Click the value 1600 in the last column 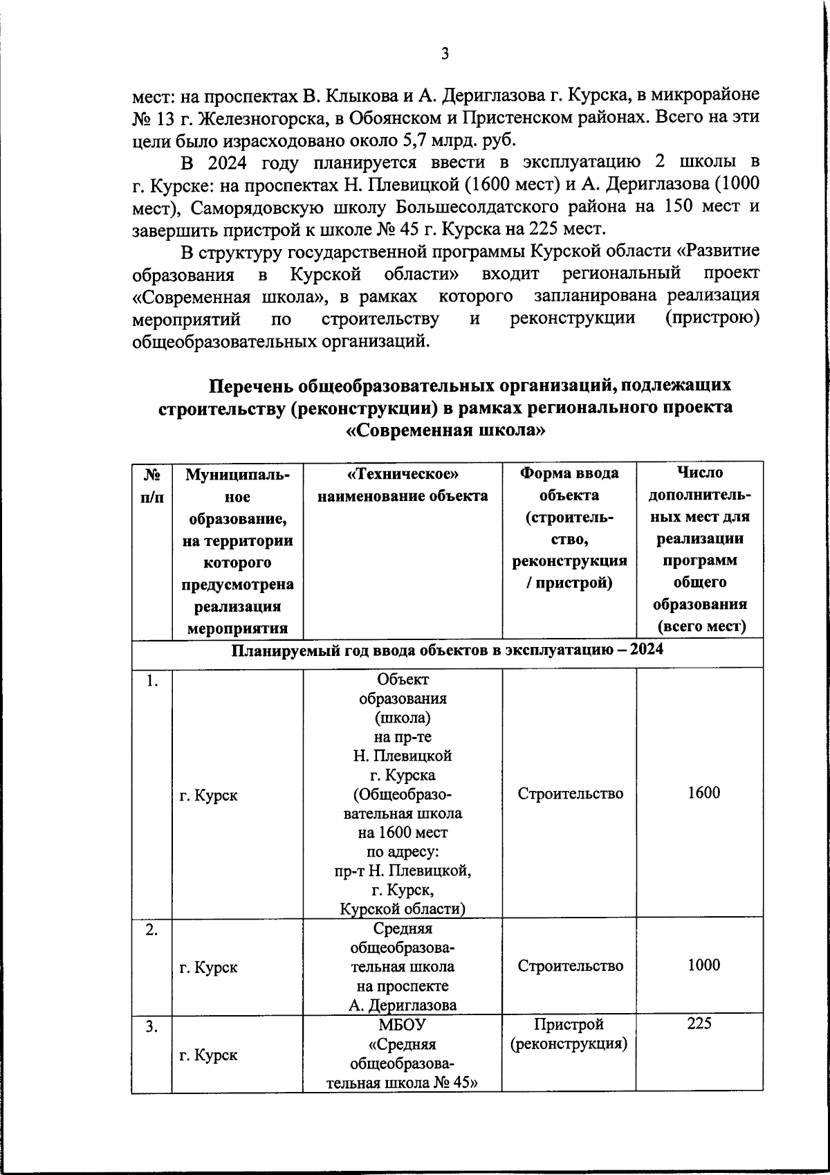pyautogui.click(x=703, y=793)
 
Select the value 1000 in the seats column pyautogui.click(x=703, y=965)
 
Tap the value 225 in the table pyautogui.click(x=699, y=1023)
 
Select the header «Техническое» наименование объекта pyautogui.click(x=402, y=484)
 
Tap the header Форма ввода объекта pyautogui.click(x=569, y=484)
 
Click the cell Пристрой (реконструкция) pyautogui.click(x=569, y=1034)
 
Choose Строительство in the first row pyautogui.click(x=570, y=794)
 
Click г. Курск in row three pyautogui.click(x=208, y=1055)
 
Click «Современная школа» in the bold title pyautogui.click(x=445, y=430)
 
